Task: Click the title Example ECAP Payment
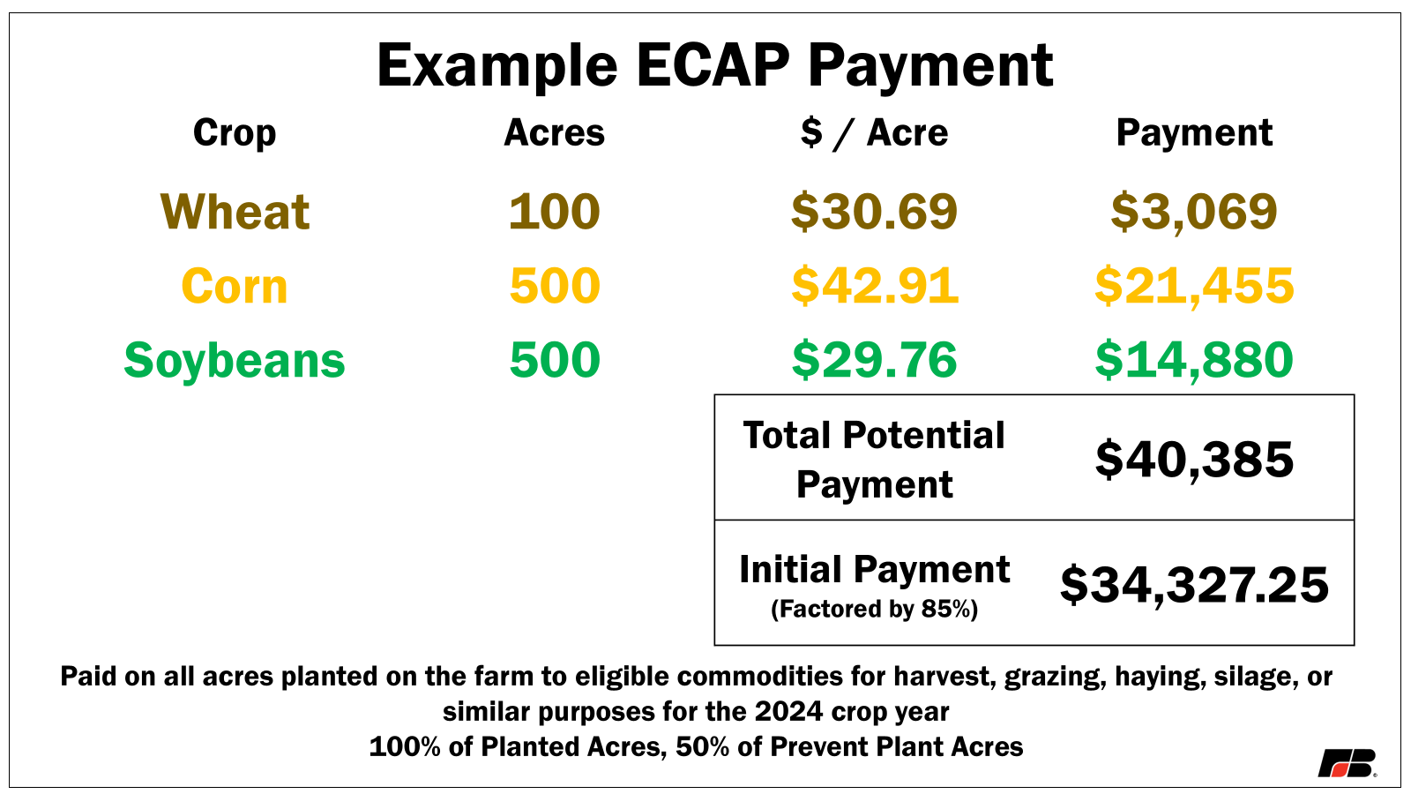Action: coord(714,65)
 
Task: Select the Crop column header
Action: coord(235,133)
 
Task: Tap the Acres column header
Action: coord(554,133)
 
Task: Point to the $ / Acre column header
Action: coord(874,133)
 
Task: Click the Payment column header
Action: coord(1194,133)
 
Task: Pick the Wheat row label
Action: coord(235,212)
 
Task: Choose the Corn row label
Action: coord(235,287)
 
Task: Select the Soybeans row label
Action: coord(235,361)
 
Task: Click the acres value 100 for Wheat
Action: coord(554,212)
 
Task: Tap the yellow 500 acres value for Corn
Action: coord(554,287)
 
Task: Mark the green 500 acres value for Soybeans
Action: coord(554,361)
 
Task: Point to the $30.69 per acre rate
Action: coord(874,212)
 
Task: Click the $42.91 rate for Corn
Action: coord(874,287)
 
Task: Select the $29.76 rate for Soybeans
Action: coord(874,361)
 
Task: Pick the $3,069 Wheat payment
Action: coord(1194,212)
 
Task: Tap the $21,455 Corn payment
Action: coord(1194,287)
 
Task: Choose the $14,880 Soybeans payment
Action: coord(1194,361)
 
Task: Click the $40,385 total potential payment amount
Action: coord(1194,460)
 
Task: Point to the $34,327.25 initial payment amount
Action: coord(1194,585)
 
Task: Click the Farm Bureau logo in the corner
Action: coord(1347,763)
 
